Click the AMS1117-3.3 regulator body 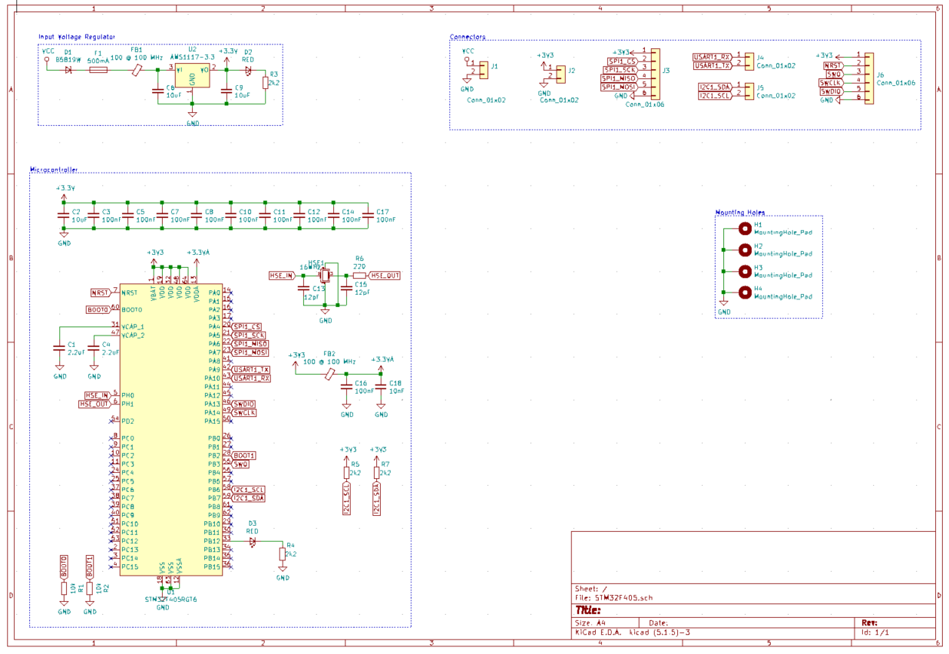coord(192,75)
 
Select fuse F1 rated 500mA coord(98,70)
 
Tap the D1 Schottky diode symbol coord(68,70)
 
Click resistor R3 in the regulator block coord(266,82)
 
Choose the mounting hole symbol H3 coord(744,271)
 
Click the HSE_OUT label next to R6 coord(385,276)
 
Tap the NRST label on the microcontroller coord(101,292)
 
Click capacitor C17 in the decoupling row coord(367,217)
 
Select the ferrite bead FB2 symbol coord(329,374)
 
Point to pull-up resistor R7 coord(376,473)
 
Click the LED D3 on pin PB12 coord(253,541)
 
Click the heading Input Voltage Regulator coord(77,37)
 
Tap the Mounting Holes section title coord(739,213)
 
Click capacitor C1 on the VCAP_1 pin coord(60,347)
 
